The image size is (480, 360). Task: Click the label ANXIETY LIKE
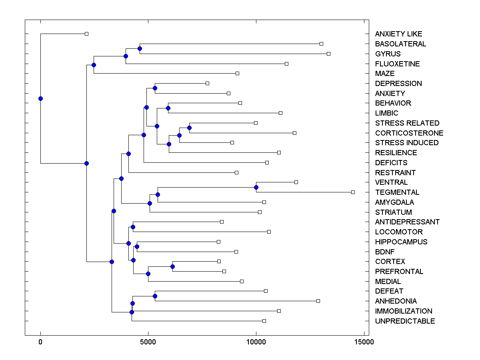tap(398, 34)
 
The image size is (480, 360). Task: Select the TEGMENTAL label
tap(397, 192)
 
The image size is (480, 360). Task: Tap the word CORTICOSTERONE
tap(409, 133)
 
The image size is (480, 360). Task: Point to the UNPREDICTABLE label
tap(405, 321)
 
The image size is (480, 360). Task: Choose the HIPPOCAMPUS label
tap(401, 242)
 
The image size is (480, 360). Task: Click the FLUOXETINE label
tap(397, 64)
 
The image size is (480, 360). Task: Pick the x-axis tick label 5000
tap(148, 342)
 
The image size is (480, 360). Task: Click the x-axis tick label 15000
tap(364, 342)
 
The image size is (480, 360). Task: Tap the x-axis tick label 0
tap(40, 342)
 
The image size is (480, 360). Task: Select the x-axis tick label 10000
tap(256, 342)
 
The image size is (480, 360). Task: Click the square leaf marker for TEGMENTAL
tap(353, 192)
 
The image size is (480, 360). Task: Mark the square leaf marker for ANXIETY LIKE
tap(86, 34)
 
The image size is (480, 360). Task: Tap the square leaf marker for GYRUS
tap(328, 54)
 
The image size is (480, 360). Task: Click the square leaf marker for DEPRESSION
tap(207, 83)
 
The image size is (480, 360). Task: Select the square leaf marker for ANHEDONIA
tap(318, 301)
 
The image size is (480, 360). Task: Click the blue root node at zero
tap(40, 98)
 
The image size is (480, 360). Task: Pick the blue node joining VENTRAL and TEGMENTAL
tap(256, 187)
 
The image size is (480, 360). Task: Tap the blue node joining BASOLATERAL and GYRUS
tap(140, 49)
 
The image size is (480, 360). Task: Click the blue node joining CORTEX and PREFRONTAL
tap(172, 266)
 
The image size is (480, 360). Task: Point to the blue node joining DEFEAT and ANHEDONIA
tap(155, 296)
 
